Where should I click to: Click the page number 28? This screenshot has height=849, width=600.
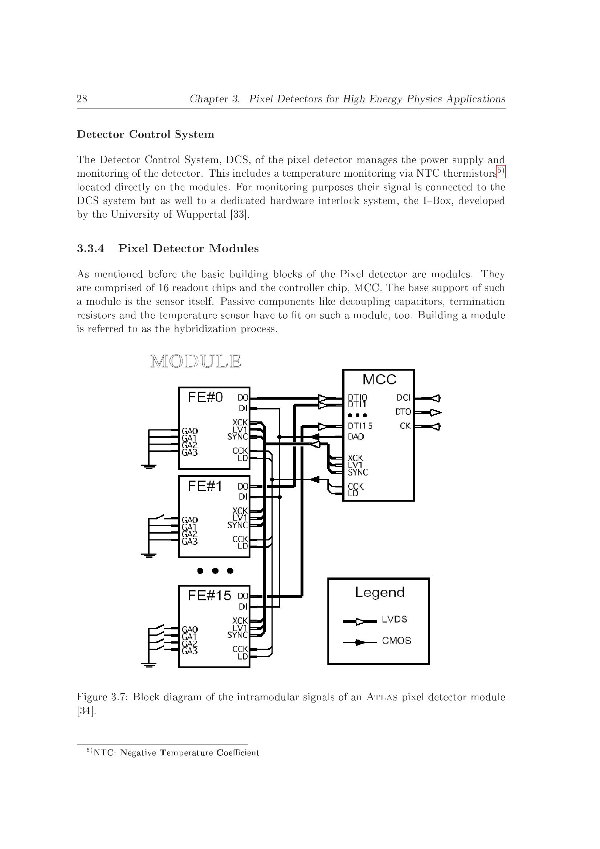[x=82, y=99]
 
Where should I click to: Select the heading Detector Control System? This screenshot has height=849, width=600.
[x=145, y=134]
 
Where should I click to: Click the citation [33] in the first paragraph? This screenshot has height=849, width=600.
[x=240, y=215]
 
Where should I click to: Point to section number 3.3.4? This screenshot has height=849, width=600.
[x=91, y=249]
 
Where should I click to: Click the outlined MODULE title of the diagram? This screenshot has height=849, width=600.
[x=196, y=361]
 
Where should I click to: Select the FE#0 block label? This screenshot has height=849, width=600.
[x=205, y=397]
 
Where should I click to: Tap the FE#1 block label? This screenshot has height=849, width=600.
[x=205, y=486]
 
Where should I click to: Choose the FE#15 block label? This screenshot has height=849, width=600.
[x=209, y=595]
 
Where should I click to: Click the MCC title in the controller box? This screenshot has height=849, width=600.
[x=379, y=379]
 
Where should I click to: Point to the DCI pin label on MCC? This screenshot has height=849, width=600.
[x=403, y=397]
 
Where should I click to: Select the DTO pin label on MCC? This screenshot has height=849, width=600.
[x=403, y=412]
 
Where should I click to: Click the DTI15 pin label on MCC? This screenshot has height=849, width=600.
[x=360, y=426]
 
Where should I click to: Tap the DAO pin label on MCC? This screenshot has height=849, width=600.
[x=356, y=437]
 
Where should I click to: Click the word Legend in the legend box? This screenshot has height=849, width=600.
[x=380, y=592]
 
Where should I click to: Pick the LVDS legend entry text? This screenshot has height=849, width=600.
[x=395, y=619]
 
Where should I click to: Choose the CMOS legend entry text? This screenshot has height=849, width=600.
[x=396, y=640]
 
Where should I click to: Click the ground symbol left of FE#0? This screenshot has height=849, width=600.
[x=148, y=466]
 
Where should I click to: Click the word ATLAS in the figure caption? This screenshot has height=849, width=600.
[x=382, y=697]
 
